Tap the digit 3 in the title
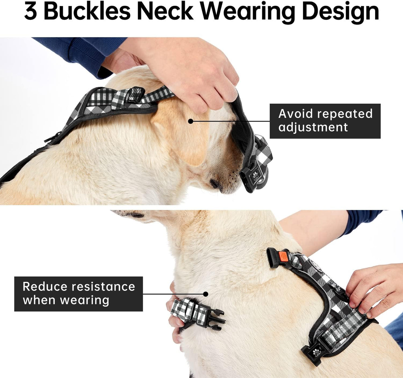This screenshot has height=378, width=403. pyautogui.click(x=31, y=12)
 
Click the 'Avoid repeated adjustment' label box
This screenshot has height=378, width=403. pyautogui.click(x=325, y=121)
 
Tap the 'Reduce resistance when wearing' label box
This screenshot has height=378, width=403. pyautogui.click(x=78, y=294)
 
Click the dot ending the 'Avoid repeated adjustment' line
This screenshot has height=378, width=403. pyautogui.click(x=190, y=121)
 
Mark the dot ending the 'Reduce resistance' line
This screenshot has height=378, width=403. pyautogui.click(x=206, y=294)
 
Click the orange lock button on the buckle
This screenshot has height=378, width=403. pyautogui.click(x=283, y=256)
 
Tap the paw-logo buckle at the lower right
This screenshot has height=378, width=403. pyautogui.click(x=315, y=353)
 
